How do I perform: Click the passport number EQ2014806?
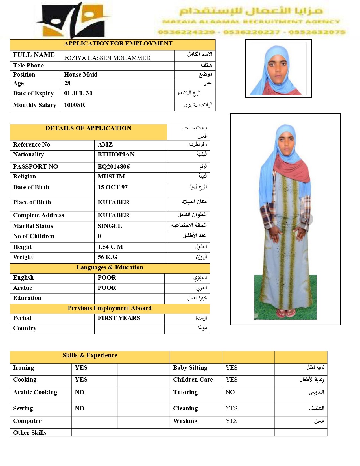(114, 167)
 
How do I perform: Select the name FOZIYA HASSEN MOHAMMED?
(107, 58)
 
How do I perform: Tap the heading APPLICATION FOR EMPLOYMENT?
(118, 43)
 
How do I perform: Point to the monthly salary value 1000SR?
(75, 105)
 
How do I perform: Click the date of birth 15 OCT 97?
(112, 187)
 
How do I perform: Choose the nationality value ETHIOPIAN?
(116, 154)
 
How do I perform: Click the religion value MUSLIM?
(111, 177)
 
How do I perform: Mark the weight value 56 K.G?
(107, 257)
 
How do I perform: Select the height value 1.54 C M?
(110, 247)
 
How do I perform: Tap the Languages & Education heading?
(110, 267)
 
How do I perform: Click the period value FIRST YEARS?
(119, 318)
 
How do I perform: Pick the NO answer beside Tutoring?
(230, 392)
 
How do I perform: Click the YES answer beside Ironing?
(81, 368)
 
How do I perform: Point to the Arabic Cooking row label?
(35, 392)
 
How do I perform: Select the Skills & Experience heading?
(90, 355)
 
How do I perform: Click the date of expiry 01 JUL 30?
(78, 93)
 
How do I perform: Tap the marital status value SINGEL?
(110, 226)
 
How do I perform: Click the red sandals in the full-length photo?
(286, 313)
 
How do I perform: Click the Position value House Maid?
(81, 75)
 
